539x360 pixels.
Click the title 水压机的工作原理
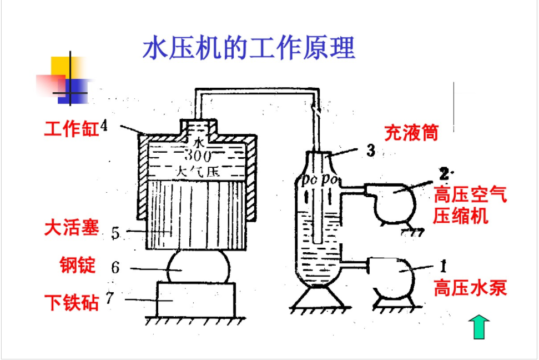pos(249,48)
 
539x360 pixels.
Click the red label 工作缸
pos(71,129)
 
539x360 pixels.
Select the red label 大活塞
pos(71,228)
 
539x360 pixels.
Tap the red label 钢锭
pos(78,265)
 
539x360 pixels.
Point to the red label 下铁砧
pos(71,303)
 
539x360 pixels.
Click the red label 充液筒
pos(411,133)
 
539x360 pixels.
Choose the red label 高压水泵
pos(470,288)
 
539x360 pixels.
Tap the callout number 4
pos(104,127)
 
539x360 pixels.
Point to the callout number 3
pos(371,149)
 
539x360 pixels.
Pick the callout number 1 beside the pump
pos(443,266)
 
